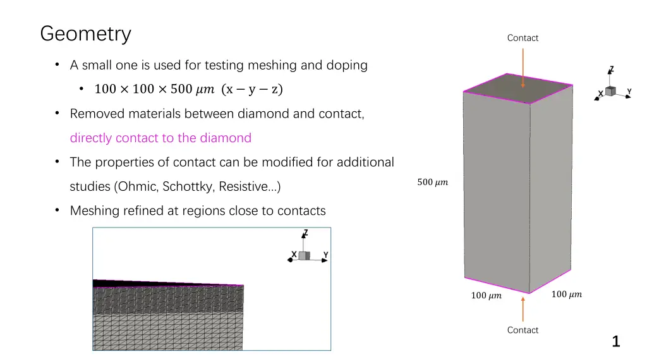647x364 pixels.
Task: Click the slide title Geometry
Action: [x=85, y=33]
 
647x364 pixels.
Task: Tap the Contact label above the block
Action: [x=523, y=38]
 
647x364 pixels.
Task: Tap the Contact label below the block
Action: [x=523, y=330]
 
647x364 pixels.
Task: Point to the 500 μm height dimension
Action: [x=432, y=183]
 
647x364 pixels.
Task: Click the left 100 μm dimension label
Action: [x=486, y=295]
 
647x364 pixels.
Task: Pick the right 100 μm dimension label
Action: [x=566, y=294]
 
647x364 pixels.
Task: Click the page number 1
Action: [x=615, y=342]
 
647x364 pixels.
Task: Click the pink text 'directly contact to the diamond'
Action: [x=160, y=138]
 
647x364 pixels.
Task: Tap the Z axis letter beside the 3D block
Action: [x=611, y=70]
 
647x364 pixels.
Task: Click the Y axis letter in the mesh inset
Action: [x=325, y=255]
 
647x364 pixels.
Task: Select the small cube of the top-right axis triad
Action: [x=610, y=92]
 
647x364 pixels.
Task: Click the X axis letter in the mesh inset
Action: [x=294, y=255]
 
